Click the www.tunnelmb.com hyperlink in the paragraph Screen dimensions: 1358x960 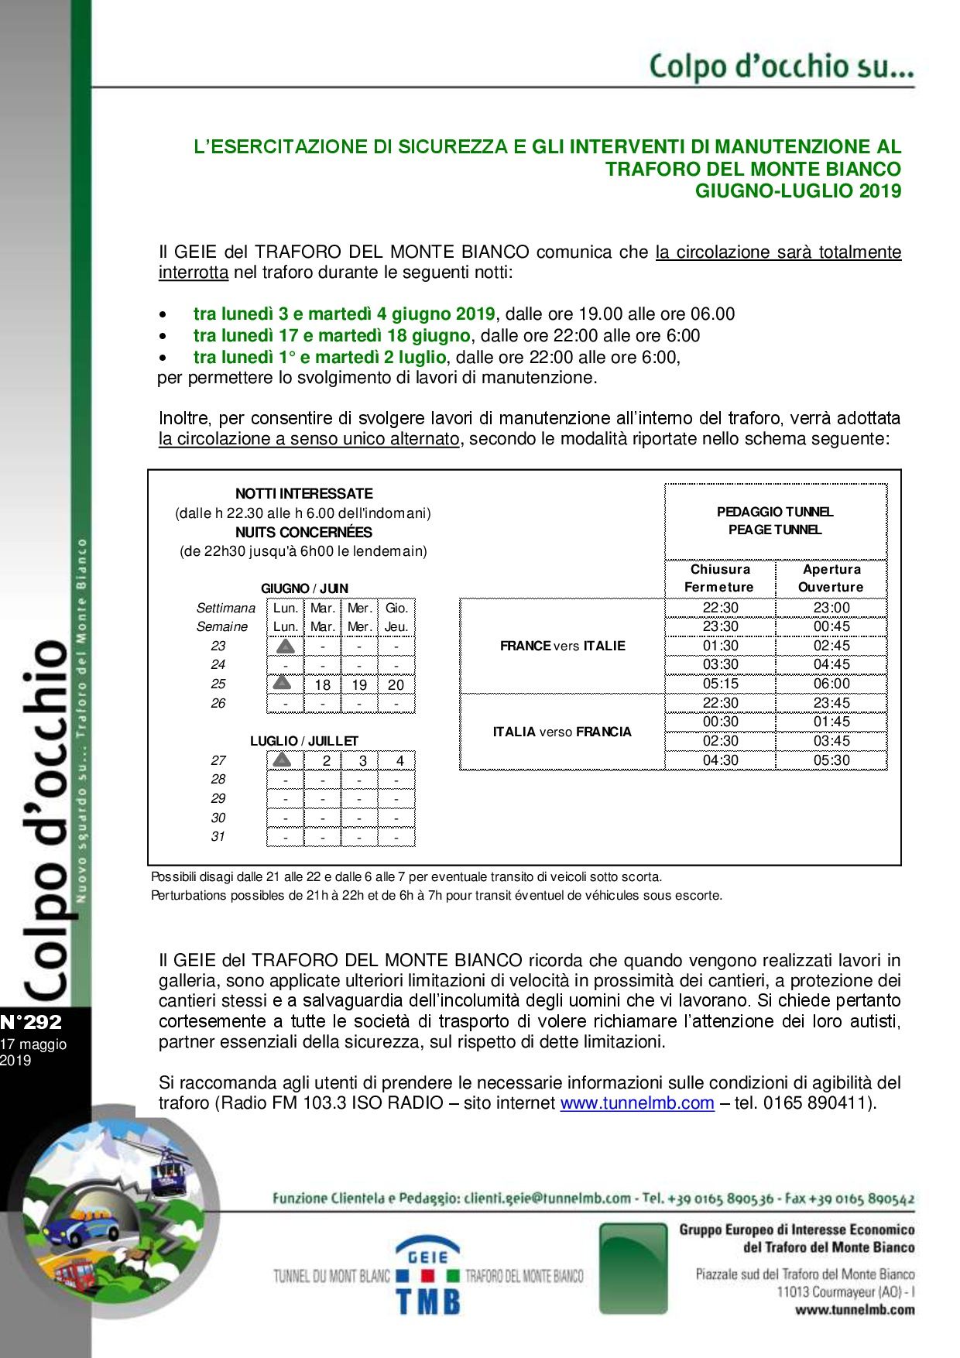[636, 1103]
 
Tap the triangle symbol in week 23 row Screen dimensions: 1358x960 [285, 646]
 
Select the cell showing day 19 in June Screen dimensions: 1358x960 [359, 684]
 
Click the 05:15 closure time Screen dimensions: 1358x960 [720, 684]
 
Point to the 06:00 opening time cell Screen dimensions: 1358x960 [831, 684]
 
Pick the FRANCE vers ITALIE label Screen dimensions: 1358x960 [562, 646]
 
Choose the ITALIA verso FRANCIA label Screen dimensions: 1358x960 [562, 732]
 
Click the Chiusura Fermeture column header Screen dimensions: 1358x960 [720, 578]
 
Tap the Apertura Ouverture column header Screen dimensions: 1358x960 [831, 578]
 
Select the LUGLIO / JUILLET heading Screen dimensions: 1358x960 [304, 741]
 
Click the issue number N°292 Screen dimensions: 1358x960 [31, 1022]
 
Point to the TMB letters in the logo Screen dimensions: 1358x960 [428, 1301]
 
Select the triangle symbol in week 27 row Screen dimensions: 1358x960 [283, 760]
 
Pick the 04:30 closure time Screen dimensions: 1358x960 [720, 760]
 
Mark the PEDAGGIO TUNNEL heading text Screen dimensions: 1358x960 [775, 512]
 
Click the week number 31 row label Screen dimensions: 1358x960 [218, 836]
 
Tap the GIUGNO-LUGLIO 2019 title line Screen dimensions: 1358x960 [797, 191]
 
